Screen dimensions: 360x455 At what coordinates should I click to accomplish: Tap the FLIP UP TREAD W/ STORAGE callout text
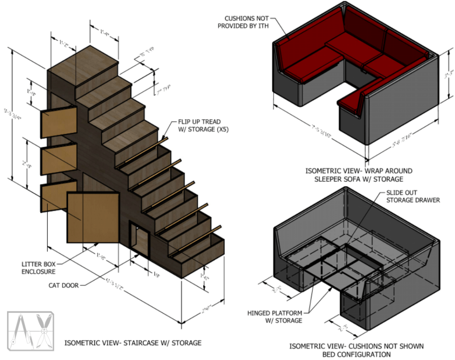click(199, 125)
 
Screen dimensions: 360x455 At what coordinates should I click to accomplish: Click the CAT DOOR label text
click(64, 285)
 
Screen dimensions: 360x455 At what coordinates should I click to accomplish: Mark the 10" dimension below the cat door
click(156, 275)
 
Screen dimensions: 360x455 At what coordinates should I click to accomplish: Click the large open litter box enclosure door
click(92, 218)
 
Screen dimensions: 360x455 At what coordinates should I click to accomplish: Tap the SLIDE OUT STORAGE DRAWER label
click(413, 196)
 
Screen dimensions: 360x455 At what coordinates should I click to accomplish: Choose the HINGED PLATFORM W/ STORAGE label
click(275, 316)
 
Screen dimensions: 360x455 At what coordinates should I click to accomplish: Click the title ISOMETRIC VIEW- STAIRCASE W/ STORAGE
click(133, 343)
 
